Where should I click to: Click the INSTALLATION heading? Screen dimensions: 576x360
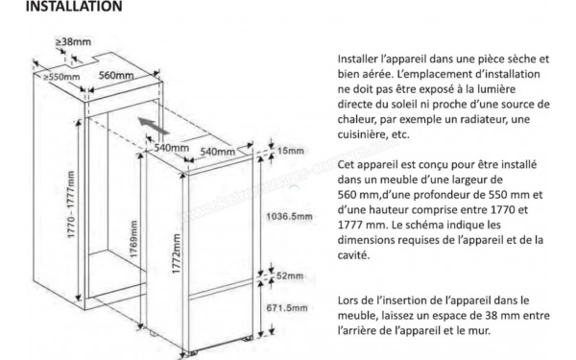74,7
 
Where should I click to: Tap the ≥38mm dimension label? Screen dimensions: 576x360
73,42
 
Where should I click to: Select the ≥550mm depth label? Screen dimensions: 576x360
61,77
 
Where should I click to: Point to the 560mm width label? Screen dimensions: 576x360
116,75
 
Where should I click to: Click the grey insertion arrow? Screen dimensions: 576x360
154,126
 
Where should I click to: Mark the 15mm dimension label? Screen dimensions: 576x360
291,151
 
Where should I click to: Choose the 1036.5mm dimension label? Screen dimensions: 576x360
289,216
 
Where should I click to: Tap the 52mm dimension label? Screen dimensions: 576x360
290,276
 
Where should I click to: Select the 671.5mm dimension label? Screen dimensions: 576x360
287,308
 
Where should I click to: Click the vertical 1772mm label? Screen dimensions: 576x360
177,253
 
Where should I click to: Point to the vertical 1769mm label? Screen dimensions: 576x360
133,239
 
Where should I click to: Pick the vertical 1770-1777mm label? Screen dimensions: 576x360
71,204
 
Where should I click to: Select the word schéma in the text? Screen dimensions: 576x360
442,225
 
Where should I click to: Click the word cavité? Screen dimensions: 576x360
353,255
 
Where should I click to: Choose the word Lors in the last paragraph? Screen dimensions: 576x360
348,300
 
